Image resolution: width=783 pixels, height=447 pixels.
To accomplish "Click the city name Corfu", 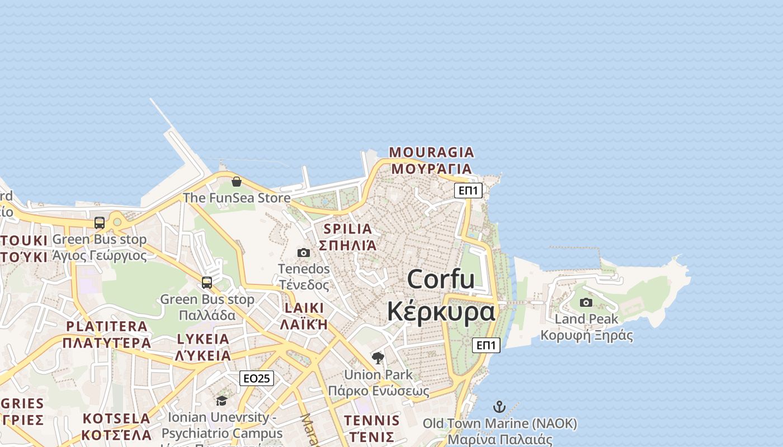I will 441,279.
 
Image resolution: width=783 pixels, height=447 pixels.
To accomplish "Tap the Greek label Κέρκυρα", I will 441,311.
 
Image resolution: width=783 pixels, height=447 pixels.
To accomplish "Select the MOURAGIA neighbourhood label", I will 431,152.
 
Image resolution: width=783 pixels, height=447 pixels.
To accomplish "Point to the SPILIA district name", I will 347,229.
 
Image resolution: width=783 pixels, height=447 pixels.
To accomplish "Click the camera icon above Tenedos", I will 304,253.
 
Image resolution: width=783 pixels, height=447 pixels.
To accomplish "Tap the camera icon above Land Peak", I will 586,302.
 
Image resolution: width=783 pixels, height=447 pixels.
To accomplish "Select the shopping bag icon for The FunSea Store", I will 237,182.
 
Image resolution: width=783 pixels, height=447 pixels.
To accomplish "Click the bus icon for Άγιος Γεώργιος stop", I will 100,222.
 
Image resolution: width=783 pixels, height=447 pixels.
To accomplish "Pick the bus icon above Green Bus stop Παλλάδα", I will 207,282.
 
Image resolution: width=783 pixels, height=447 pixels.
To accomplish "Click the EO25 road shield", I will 257,378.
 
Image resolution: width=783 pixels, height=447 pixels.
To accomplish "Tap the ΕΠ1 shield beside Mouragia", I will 468,191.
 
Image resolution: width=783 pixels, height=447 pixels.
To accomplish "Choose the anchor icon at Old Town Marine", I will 499,407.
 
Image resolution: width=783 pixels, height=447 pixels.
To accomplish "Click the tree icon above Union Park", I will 378,358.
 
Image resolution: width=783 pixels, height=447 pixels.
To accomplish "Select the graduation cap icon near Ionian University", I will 222,401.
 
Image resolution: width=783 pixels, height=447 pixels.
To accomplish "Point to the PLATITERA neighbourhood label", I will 107,326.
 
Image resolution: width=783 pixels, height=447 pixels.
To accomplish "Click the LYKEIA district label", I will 203,339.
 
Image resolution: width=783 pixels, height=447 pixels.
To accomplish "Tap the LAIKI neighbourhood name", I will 304,308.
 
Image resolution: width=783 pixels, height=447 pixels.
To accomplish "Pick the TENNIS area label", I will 372,420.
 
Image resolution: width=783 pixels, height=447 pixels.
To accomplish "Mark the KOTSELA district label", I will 116,419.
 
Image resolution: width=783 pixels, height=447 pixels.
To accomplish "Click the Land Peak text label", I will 586,319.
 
